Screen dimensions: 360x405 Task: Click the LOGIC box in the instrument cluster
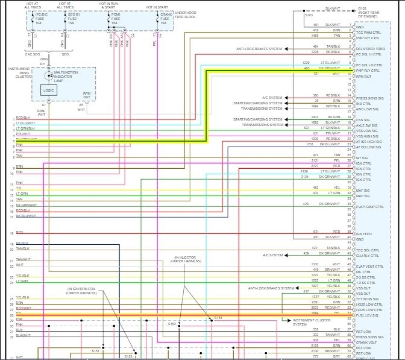tap(49, 90)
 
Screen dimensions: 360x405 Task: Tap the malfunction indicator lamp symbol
tap(49, 77)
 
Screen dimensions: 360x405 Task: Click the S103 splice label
tap(309, 16)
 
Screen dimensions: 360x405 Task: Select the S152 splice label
tap(172, 324)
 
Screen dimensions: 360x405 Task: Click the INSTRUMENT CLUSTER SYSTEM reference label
tap(308, 322)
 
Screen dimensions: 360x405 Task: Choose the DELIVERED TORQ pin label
tap(369, 49)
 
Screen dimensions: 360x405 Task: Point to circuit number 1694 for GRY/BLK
tap(315, 106)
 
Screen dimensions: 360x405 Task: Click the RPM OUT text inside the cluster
tap(87, 95)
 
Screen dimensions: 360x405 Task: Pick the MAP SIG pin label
tap(363, 195)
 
